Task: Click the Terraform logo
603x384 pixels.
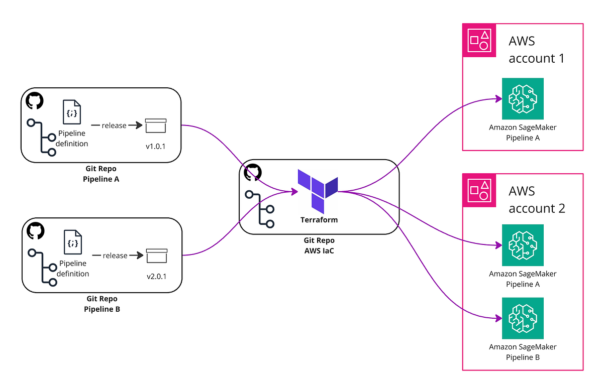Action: click(317, 190)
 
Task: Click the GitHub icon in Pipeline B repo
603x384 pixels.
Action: click(35, 230)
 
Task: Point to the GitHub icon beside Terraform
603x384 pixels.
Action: click(253, 172)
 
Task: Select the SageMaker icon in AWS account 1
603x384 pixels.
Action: click(523, 98)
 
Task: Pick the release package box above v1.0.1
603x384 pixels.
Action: click(155, 126)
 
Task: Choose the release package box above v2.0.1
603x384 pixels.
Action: click(156, 256)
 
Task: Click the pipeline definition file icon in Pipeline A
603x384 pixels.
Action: click(71, 112)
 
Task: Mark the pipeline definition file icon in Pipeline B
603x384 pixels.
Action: click(72, 242)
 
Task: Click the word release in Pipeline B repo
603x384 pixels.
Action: click(115, 255)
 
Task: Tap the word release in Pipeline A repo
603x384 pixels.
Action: click(114, 125)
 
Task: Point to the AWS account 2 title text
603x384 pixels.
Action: click(536, 199)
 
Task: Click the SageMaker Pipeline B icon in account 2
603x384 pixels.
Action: click(523, 318)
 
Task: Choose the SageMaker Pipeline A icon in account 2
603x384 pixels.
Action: click(523, 245)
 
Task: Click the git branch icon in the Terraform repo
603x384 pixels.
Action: click(260, 209)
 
